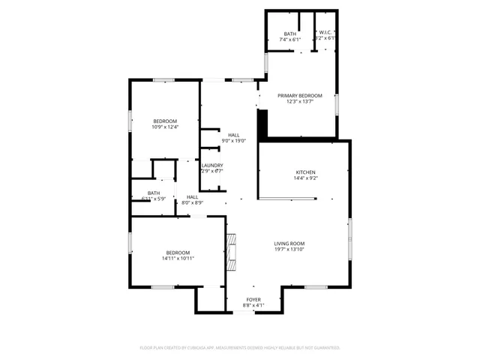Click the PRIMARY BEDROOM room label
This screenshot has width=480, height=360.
tap(300, 96)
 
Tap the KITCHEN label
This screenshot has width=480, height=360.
tap(304, 172)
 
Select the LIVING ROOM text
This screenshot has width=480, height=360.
tap(289, 244)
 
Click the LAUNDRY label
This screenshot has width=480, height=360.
tap(211, 165)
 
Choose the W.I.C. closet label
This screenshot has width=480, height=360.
tap(325, 32)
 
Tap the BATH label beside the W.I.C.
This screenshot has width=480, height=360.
tap(289, 34)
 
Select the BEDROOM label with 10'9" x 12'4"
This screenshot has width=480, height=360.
tap(165, 121)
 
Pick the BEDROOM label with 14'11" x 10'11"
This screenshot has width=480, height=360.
tap(178, 253)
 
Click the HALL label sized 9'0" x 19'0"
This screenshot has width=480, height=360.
tap(234, 135)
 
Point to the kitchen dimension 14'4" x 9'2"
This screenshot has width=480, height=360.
tap(304, 178)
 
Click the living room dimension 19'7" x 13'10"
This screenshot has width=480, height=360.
tap(289, 250)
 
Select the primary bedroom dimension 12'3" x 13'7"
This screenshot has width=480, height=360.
tap(300, 102)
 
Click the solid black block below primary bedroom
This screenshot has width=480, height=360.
tap(262, 124)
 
